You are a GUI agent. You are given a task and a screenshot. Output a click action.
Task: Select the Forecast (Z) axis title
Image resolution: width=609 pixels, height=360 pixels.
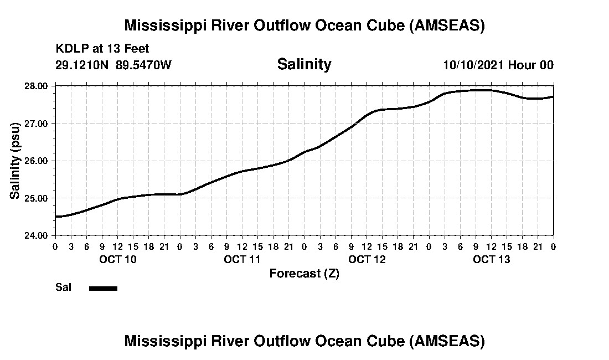click(x=304, y=274)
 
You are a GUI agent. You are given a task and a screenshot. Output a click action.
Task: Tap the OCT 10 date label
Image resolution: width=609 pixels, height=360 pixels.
click(x=117, y=259)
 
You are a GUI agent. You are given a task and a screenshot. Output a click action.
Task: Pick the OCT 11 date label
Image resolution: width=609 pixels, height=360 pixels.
click(x=242, y=259)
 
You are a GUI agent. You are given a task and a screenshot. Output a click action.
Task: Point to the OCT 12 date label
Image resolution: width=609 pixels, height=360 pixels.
click(x=367, y=259)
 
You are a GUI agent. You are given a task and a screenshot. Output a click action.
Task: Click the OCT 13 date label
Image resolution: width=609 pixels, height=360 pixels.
click(x=492, y=259)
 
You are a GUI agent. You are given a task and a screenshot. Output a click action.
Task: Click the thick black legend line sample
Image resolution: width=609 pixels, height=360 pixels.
click(x=103, y=288)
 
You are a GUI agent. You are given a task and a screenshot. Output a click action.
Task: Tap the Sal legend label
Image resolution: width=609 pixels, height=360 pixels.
click(x=63, y=287)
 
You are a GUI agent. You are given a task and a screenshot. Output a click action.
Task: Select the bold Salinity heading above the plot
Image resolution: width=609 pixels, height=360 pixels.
click(x=304, y=64)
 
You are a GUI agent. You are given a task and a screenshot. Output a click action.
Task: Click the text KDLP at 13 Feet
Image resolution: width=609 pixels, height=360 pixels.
click(x=102, y=49)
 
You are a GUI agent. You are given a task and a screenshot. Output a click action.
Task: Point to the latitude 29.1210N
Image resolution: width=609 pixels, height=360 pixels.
click(x=82, y=65)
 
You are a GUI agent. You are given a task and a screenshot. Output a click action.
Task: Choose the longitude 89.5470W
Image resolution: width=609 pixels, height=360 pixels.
click(x=143, y=65)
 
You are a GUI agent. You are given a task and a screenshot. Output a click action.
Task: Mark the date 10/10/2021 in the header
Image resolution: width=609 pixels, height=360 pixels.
click(x=473, y=65)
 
